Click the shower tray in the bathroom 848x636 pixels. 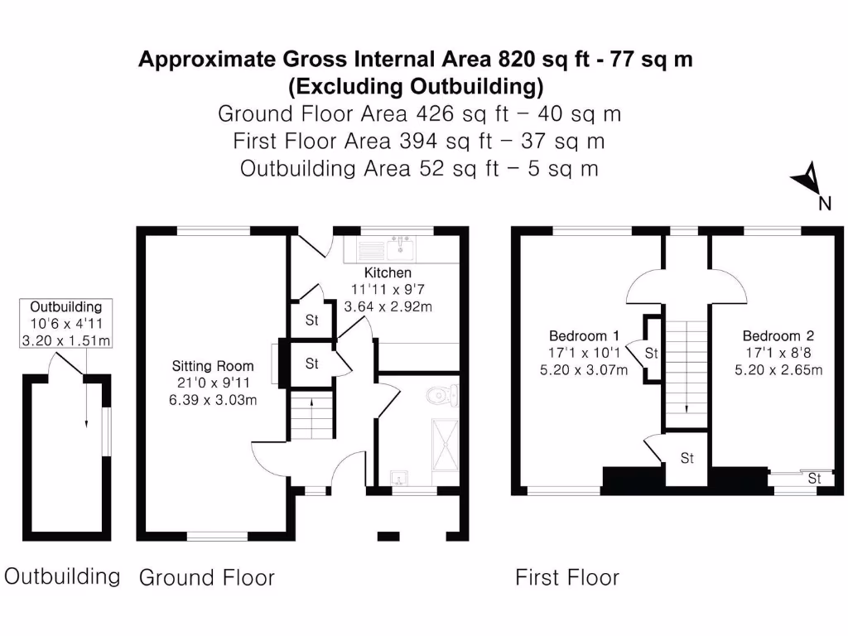(x=445, y=445)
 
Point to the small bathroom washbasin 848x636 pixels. (x=399, y=478)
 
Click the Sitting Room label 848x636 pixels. (x=213, y=365)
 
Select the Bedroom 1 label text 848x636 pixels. (x=584, y=335)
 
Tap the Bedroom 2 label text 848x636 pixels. (x=778, y=335)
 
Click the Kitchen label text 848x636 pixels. (x=388, y=272)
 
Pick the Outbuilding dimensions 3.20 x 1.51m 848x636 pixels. (x=65, y=341)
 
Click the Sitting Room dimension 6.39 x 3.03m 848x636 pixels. (x=213, y=400)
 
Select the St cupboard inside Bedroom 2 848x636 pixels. (x=814, y=478)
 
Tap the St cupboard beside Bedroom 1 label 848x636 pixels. (x=651, y=354)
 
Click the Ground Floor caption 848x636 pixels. (x=206, y=577)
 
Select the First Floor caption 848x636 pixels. (x=567, y=577)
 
